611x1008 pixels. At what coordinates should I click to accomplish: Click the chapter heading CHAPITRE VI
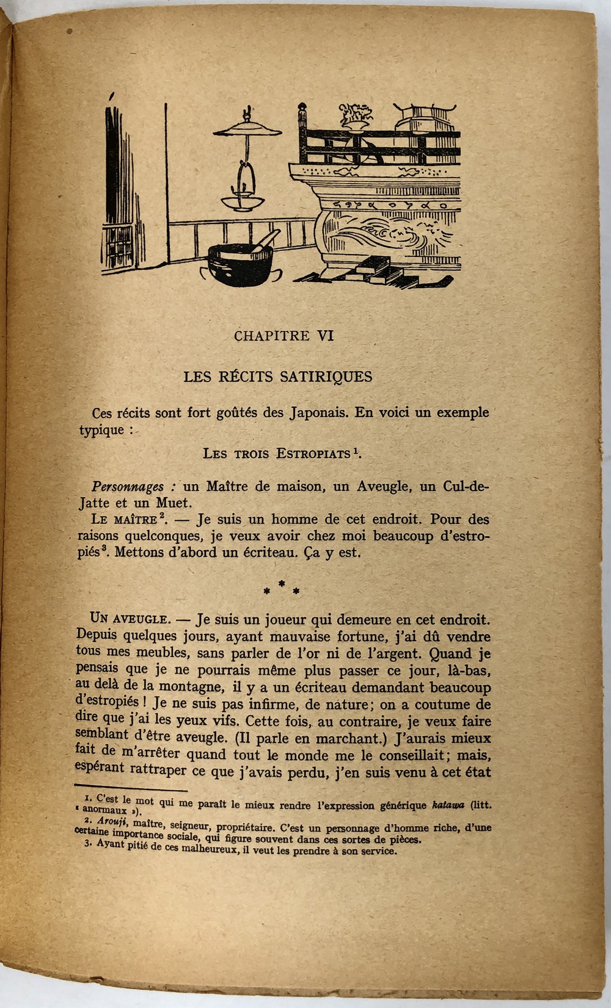pos(284,335)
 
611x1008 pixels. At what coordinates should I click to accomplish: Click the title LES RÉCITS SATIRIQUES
pos(278,376)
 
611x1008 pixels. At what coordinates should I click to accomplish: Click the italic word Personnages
pos(128,487)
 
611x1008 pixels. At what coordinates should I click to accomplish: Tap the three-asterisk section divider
pos(281,589)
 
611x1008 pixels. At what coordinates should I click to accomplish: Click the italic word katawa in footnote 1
pos(448,805)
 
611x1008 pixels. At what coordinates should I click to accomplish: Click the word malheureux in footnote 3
pos(206,850)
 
